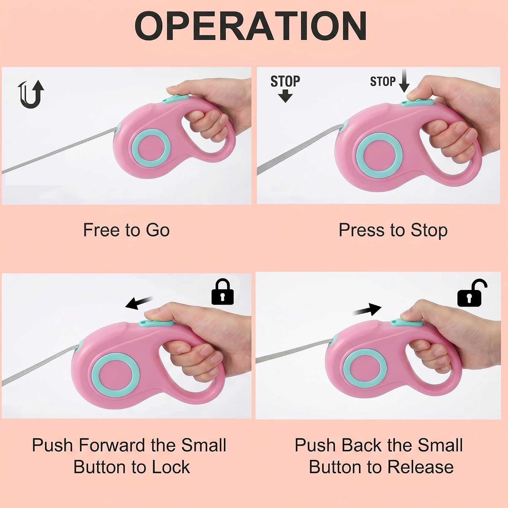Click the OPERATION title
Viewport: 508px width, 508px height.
(x=251, y=26)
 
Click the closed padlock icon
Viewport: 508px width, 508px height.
(x=223, y=292)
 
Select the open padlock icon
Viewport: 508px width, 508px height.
(x=472, y=293)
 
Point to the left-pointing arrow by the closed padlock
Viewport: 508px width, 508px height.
(x=139, y=302)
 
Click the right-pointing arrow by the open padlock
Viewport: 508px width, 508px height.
(x=367, y=309)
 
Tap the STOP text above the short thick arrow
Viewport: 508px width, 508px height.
(x=285, y=81)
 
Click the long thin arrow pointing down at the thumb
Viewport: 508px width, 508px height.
(x=404, y=81)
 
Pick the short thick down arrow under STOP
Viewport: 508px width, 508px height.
(x=285, y=96)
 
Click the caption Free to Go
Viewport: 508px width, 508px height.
(x=126, y=230)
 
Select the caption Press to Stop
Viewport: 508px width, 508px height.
(x=393, y=231)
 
